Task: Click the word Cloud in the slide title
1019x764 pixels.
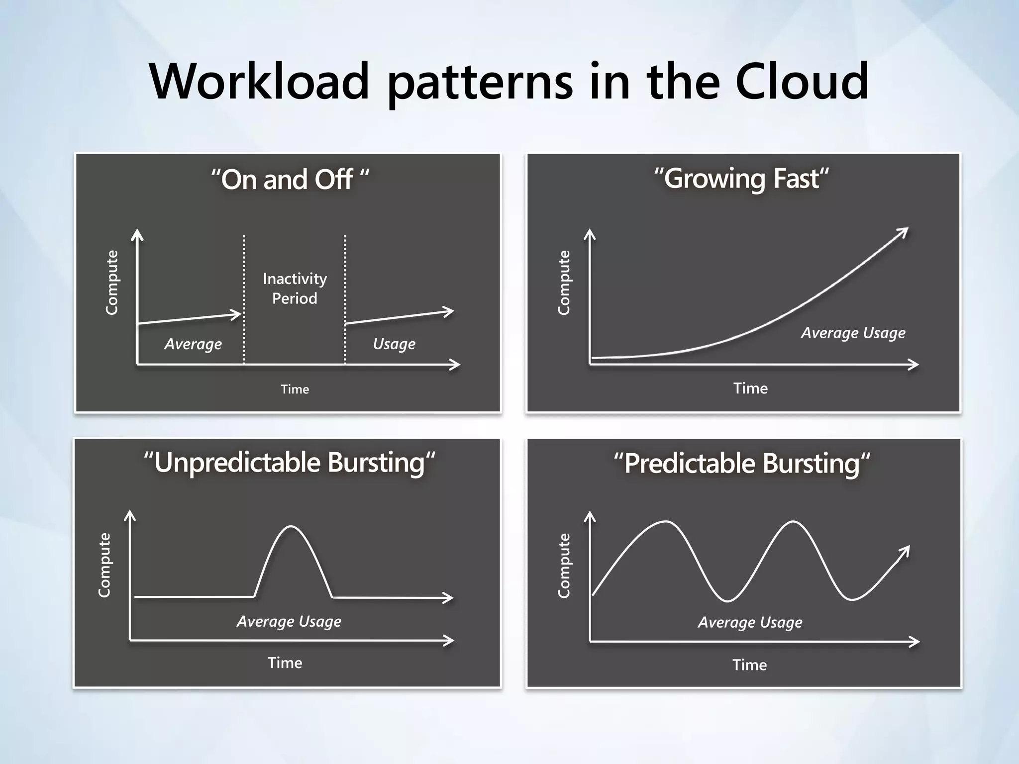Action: coord(802,81)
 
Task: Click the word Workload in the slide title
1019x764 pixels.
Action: coord(259,81)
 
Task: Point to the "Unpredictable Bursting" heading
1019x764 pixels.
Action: coord(289,463)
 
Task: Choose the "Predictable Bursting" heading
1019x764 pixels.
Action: coord(741,464)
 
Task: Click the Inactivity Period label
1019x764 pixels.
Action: coord(295,288)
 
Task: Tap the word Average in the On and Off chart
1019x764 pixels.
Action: coord(193,344)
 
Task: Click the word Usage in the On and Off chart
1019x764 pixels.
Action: coord(394,344)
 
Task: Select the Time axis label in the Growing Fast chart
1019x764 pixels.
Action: coord(750,388)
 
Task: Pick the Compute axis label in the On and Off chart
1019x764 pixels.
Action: coord(112,283)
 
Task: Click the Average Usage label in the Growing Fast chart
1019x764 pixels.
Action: coord(853,333)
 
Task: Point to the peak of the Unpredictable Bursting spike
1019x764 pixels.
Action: coord(291,526)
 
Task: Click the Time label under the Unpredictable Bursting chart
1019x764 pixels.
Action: coord(285,663)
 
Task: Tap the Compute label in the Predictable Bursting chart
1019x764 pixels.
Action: coord(564,566)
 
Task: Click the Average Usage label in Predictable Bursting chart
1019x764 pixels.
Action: coord(750,622)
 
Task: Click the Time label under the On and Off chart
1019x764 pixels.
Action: coord(295,389)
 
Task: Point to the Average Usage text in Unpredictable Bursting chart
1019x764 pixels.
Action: coord(289,621)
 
